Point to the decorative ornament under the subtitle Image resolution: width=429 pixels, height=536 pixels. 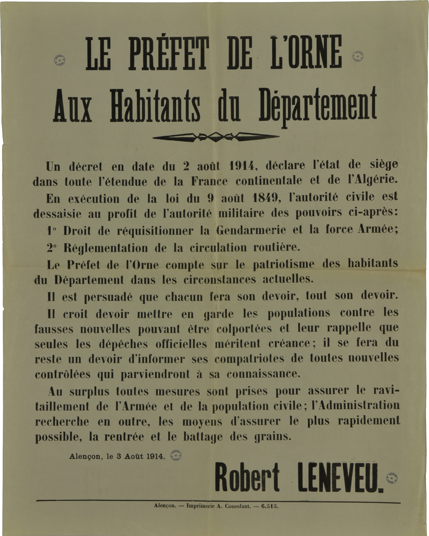pyautogui.click(x=216, y=137)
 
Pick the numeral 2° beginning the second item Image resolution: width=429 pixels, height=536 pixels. pyautogui.click(x=52, y=248)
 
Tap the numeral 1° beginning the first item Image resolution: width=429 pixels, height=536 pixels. pyautogui.click(x=51, y=231)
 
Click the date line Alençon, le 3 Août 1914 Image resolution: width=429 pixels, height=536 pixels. pyautogui.click(x=117, y=456)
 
